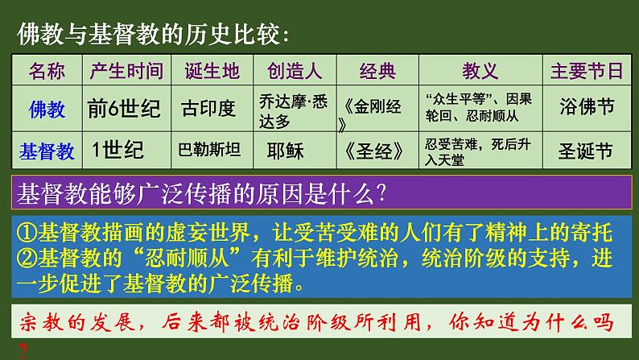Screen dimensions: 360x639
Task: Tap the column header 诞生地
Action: (x=211, y=71)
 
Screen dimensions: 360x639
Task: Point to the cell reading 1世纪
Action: (x=117, y=150)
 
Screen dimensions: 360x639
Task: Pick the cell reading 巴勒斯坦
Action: (x=211, y=150)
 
